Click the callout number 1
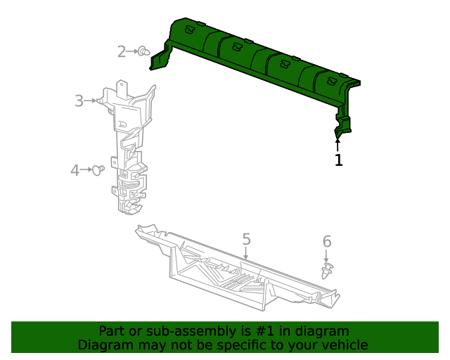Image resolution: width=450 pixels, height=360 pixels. point(338,160)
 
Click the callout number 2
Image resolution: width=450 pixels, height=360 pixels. point(122,51)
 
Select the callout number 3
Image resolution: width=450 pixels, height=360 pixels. point(79,101)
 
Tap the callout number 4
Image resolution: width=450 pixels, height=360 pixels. point(75,169)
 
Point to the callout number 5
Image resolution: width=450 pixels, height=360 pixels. point(246,240)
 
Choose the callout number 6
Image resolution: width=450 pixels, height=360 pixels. point(327,242)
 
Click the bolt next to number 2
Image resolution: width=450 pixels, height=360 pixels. point(144,51)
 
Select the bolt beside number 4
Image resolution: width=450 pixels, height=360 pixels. point(99,169)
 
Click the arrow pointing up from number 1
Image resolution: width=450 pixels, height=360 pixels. point(338,144)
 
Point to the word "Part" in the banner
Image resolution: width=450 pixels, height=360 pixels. point(112,331)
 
